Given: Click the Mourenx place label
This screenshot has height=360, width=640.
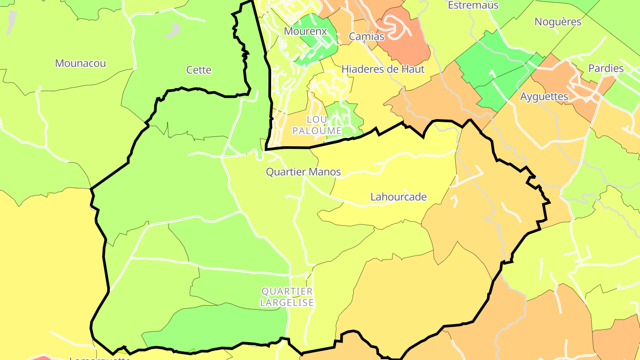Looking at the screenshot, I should pyautogui.click(x=305, y=32).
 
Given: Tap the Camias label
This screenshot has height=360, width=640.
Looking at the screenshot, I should pyautogui.click(x=367, y=36).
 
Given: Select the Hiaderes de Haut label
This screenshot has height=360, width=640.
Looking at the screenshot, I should pyautogui.click(x=383, y=69).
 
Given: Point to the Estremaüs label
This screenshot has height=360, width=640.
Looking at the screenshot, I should pyautogui.click(x=473, y=5).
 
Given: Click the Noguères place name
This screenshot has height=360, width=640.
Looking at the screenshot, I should pyautogui.click(x=558, y=22).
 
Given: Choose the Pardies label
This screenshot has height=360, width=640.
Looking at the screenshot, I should pyautogui.click(x=606, y=68).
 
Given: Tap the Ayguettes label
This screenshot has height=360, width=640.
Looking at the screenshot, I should pyautogui.click(x=544, y=96).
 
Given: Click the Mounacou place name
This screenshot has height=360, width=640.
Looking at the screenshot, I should pyautogui.click(x=80, y=63).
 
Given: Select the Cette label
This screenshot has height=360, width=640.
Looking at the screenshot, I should pyautogui.click(x=199, y=70).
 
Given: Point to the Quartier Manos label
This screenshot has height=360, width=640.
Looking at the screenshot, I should pyautogui.click(x=303, y=172).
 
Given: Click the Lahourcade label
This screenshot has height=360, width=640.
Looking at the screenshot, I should pyautogui.click(x=399, y=197).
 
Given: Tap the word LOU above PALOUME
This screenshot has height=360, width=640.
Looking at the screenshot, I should pyautogui.click(x=317, y=120).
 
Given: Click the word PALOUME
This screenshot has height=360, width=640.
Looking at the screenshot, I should pyautogui.click(x=317, y=131).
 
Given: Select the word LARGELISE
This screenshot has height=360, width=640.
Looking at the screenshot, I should pyautogui.click(x=287, y=303).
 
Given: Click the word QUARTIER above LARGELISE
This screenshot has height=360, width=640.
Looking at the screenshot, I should pyautogui.click(x=287, y=292).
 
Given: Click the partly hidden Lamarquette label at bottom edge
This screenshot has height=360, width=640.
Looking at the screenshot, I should pyautogui.click(x=100, y=357).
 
